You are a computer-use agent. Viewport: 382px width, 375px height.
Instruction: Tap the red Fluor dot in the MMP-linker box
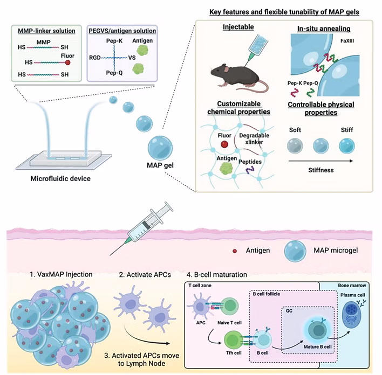(68, 63)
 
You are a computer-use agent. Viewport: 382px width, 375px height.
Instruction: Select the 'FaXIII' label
(347, 41)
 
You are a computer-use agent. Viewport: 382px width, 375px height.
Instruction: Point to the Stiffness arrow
(320, 161)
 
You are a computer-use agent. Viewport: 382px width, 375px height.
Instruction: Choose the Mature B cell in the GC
(318, 330)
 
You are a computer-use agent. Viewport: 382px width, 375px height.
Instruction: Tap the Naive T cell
(230, 306)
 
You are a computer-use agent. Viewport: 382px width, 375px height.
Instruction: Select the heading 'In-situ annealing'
(324, 29)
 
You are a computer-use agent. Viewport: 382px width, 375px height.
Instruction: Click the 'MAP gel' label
(160, 165)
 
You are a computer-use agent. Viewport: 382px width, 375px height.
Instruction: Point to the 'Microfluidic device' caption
(60, 178)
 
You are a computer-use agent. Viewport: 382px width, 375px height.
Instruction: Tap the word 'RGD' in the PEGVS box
(95, 58)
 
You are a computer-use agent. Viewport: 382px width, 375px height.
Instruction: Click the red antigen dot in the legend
(235, 251)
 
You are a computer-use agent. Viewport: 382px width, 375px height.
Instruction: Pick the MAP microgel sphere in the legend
(295, 251)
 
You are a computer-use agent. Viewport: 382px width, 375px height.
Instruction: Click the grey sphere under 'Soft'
(295, 146)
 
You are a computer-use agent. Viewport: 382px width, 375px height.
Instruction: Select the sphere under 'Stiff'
(347, 146)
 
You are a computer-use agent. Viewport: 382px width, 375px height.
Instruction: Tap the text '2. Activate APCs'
(145, 274)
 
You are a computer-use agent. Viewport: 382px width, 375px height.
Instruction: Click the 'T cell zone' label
(200, 285)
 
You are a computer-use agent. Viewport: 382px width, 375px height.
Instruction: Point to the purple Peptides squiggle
(250, 170)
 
